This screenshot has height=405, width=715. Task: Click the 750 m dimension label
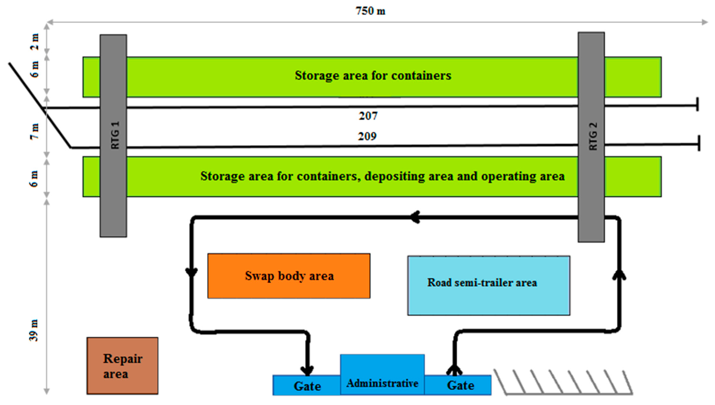point(370,11)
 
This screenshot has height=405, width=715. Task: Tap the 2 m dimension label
point(34,41)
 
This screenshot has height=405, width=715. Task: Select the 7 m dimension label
point(34,131)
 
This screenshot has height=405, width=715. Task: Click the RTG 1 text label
point(115,135)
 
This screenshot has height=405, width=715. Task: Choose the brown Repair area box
point(122,366)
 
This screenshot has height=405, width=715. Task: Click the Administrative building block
point(382,374)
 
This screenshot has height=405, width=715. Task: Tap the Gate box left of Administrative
point(307,386)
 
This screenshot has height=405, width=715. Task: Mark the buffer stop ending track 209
point(699,143)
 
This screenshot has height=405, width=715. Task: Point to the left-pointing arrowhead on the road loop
point(415,217)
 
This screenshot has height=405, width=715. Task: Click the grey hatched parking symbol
point(563,382)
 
